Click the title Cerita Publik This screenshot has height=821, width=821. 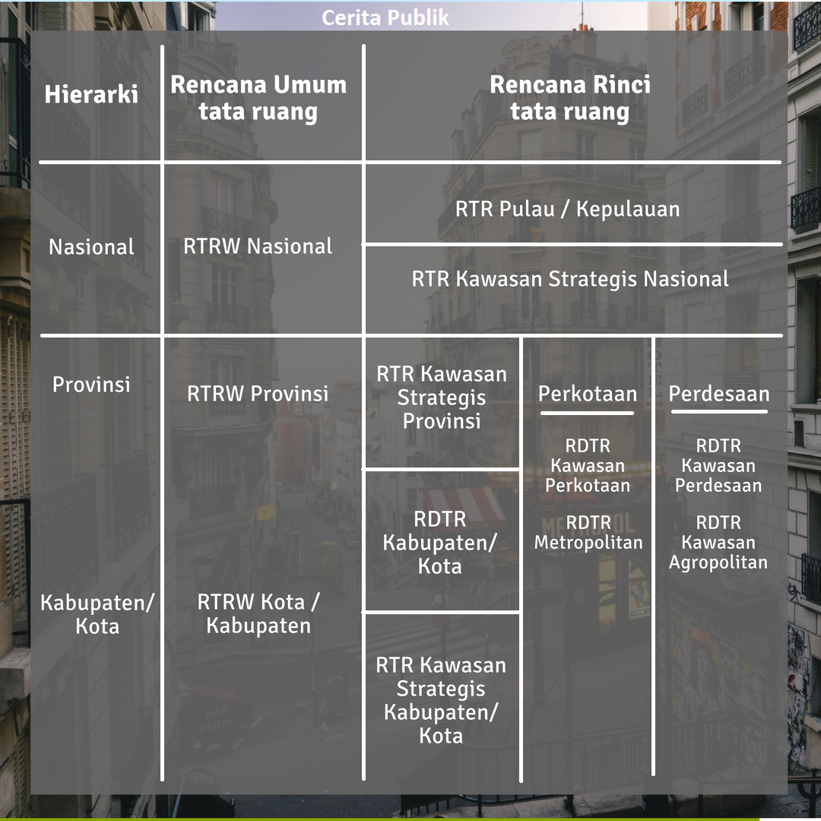coord(385,17)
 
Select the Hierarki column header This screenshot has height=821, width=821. coord(91,94)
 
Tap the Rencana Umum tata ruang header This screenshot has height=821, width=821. coord(258,98)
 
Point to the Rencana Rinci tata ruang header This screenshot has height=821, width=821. coord(570,98)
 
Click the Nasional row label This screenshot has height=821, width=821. coord(92,246)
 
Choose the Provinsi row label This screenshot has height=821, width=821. coord(91,385)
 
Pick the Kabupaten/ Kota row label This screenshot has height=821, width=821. coord(97,614)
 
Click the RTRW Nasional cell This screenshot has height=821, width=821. coord(258,246)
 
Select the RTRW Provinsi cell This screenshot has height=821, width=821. coord(258,393)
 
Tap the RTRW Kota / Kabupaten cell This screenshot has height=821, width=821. coord(258,613)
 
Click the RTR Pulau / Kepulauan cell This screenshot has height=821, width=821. coord(568,209)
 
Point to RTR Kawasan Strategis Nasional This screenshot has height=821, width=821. coord(570,279)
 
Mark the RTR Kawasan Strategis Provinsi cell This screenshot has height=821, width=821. coord(442,398)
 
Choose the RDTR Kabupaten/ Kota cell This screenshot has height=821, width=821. coord(440,543)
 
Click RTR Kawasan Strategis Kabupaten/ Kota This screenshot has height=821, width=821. coord(441,701)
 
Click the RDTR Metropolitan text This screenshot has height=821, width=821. coord(588,532)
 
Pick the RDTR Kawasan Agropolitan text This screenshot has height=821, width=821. coord(718,543)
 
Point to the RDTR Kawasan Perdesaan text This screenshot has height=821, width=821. coord(718,465)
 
